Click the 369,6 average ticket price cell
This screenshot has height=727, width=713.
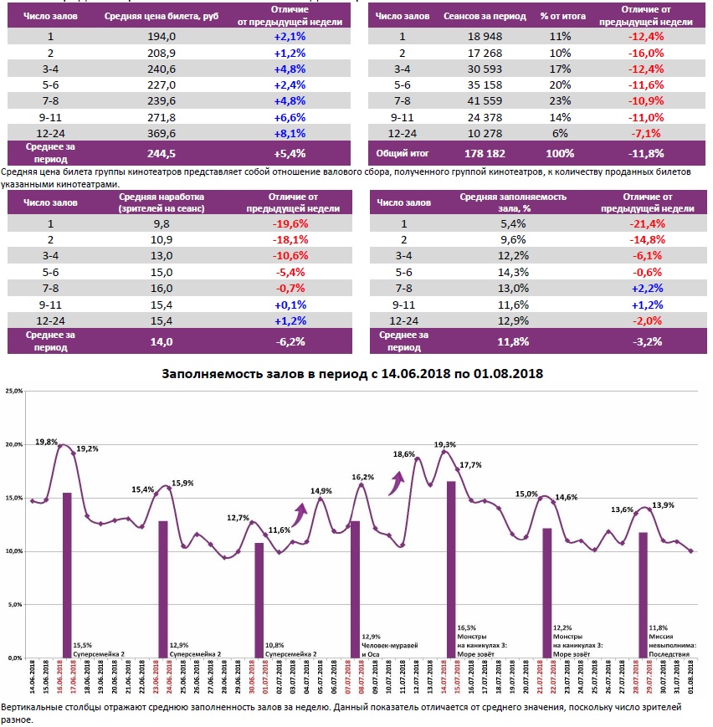click(162, 132)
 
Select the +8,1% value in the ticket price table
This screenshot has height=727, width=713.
click(290, 132)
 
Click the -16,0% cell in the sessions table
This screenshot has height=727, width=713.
click(648, 53)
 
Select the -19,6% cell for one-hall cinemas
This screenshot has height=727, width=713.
click(290, 223)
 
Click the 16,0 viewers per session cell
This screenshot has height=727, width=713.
click(162, 287)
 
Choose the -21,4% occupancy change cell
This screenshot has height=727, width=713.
click(648, 223)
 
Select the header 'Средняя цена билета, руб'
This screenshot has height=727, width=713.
click(162, 16)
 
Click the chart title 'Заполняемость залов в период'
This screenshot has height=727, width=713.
click(352, 374)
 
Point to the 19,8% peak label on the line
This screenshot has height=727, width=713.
click(47, 441)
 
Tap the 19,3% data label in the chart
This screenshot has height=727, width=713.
click(445, 444)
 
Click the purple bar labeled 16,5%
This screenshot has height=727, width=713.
click(451, 569)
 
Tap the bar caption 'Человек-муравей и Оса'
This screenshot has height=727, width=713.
click(389, 650)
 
